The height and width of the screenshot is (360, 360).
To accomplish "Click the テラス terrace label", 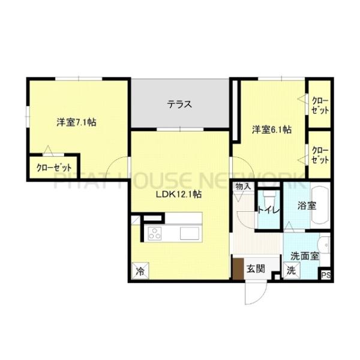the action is point(179,104).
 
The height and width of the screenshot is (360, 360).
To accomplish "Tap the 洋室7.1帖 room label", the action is point(76,122).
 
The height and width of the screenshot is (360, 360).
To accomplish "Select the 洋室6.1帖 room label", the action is point(272,130).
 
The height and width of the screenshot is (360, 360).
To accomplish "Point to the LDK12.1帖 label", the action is point(179,194).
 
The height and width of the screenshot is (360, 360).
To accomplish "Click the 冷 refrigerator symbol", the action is point(140,271).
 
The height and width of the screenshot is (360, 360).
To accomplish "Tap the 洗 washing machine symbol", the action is point(292,271).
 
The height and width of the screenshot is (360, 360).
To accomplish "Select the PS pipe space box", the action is point(326,275).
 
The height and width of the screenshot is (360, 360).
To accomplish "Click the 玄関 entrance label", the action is point(256,268).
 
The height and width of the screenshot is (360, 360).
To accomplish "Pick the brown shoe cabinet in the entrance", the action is point(238,269).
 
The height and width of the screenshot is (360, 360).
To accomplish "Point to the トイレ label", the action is point(269,211).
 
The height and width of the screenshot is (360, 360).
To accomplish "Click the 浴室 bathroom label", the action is point(307,206).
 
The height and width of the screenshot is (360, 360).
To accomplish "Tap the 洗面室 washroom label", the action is point(305,256).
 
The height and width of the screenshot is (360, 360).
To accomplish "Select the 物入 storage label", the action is point(243,187).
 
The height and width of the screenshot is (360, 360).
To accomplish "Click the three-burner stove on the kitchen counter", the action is point(155,233).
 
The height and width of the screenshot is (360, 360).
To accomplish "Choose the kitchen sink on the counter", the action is point(190,233).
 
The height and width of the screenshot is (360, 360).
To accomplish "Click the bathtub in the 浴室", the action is point(320,205).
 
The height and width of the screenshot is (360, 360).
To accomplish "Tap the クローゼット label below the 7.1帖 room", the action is point(54,168).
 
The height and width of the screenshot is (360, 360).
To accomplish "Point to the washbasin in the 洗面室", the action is point(324,245).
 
